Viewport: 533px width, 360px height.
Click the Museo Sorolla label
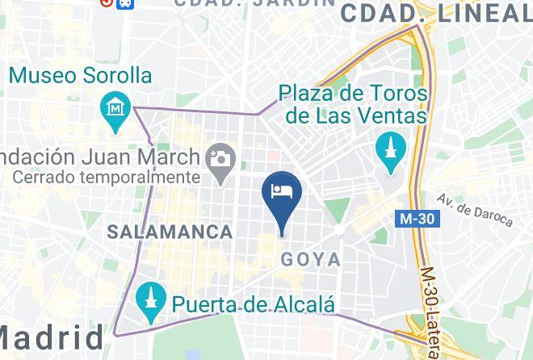click(80, 76)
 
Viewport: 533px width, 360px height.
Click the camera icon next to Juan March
click(219, 157)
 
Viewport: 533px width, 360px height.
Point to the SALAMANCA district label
click(170, 232)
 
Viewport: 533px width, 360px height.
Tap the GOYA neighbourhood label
click(310, 260)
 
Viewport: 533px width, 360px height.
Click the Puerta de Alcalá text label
click(254, 304)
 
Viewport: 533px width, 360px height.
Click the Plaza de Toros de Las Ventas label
click(353, 104)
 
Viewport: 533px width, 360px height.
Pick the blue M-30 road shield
click(417, 219)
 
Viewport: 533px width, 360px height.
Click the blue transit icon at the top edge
click(125, 2)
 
